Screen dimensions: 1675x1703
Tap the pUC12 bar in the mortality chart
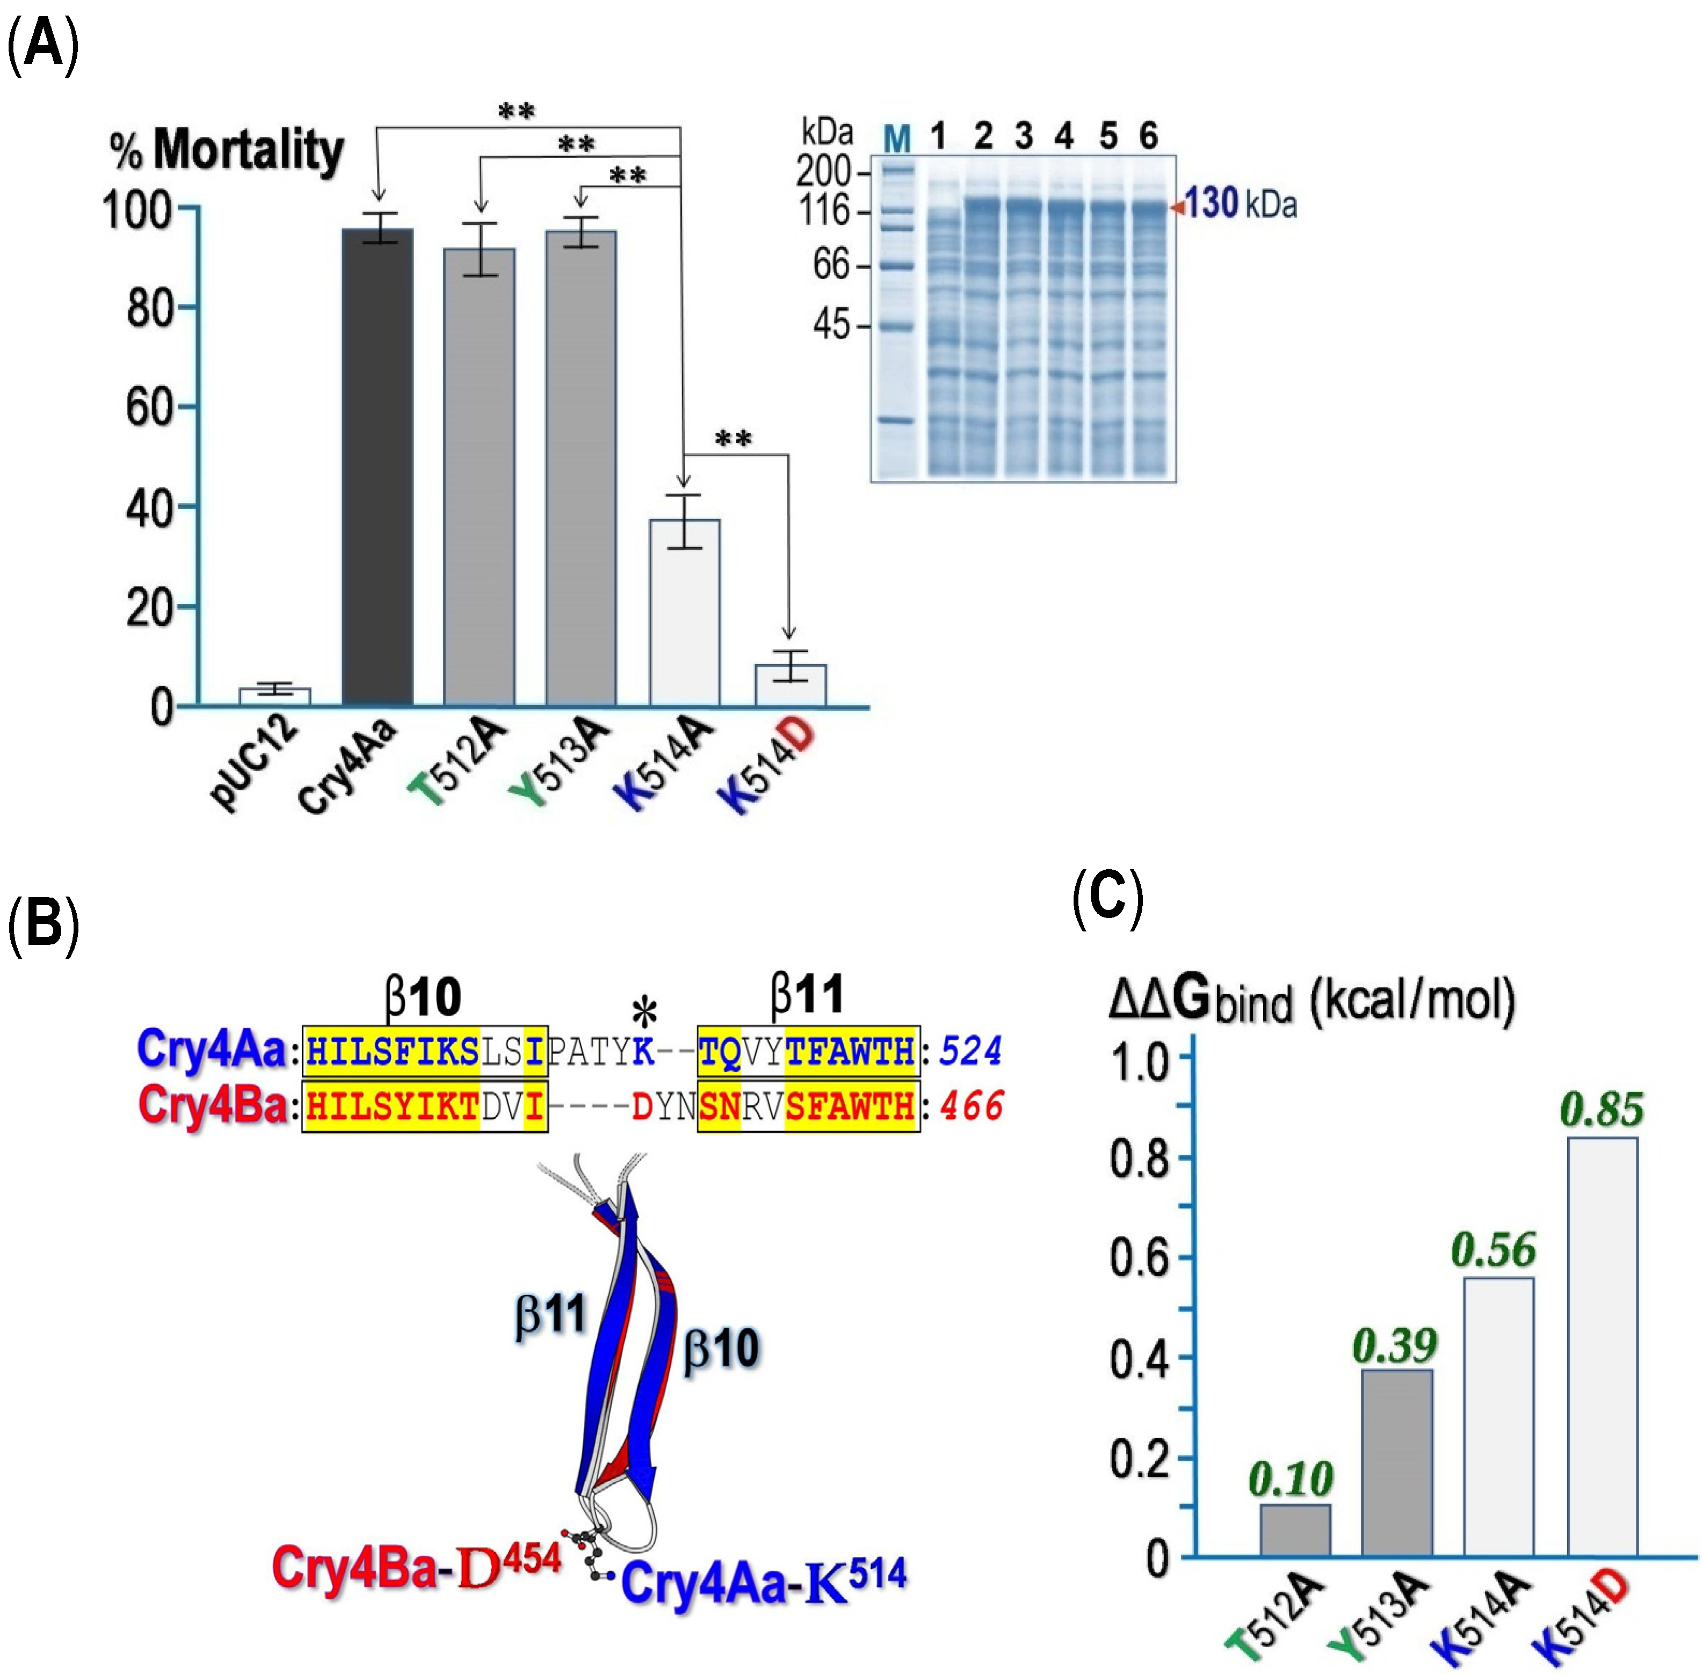point(274,696)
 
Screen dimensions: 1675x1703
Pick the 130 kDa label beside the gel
point(1239,204)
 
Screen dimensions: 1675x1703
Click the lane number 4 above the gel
point(1064,136)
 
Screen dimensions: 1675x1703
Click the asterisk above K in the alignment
point(644,1014)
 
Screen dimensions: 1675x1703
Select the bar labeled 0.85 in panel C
point(1602,1346)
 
